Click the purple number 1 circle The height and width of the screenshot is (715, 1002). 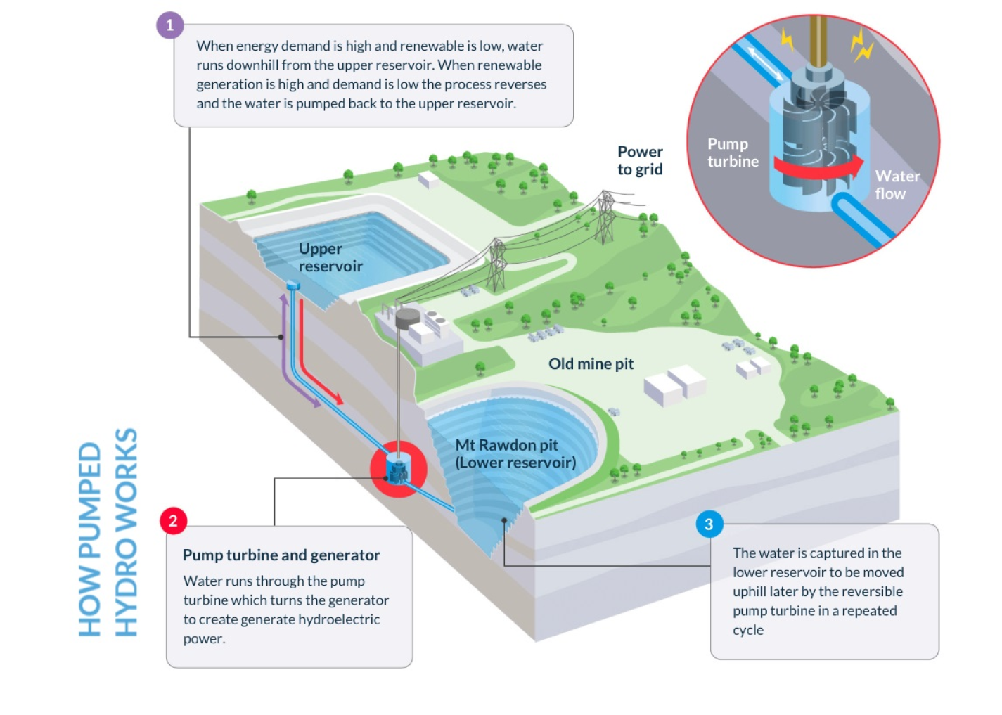pyautogui.click(x=169, y=25)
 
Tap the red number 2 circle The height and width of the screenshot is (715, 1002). pyautogui.click(x=173, y=521)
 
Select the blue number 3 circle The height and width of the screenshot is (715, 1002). pyautogui.click(x=709, y=524)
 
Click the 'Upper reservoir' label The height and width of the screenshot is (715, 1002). pyautogui.click(x=330, y=257)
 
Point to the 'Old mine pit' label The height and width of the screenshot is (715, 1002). pyautogui.click(x=591, y=363)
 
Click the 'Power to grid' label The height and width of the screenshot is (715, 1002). pyautogui.click(x=640, y=160)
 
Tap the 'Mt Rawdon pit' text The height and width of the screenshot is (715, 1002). pyautogui.click(x=506, y=445)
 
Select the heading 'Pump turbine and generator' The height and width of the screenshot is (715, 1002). pyautogui.click(x=281, y=555)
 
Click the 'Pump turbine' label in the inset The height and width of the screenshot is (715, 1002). pyautogui.click(x=733, y=153)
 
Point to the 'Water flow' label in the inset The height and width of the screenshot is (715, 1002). pyautogui.click(x=897, y=185)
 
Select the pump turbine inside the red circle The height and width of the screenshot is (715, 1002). pyautogui.click(x=398, y=469)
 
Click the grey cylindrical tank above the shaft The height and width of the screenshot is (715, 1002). pyautogui.click(x=408, y=318)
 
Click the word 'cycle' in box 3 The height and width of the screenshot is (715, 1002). pyautogui.click(x=747, y=630)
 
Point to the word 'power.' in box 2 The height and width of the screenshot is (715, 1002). pyautogui.click(x=204, y=639)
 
